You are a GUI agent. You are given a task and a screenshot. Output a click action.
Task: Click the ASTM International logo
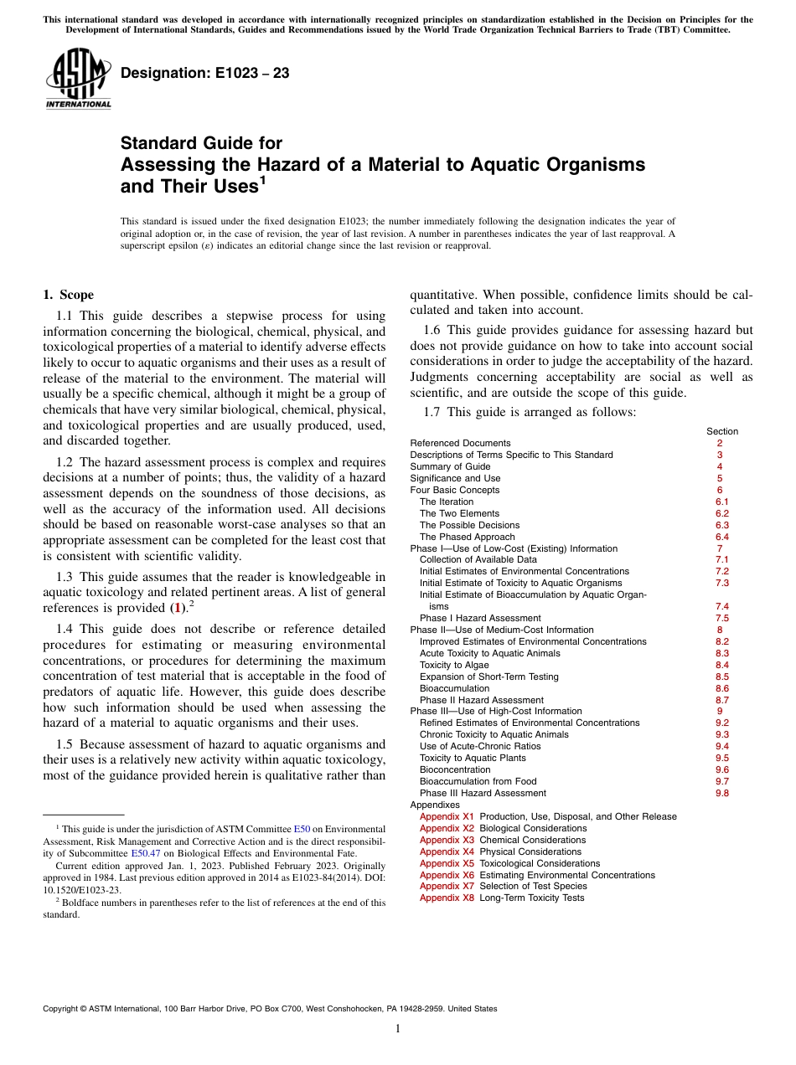click(x=78, y=80)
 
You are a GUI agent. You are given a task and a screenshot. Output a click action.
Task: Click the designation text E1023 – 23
click(x=205, y=74)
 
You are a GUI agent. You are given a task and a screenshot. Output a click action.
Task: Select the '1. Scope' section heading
click(x=68, y=295)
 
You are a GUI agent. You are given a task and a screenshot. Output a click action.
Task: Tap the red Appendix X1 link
click(x=447, y=816)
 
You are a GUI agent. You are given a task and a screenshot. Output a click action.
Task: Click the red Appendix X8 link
click(x=447, y=898)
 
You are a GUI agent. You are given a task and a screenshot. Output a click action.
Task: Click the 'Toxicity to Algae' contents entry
click(x=454, y=665)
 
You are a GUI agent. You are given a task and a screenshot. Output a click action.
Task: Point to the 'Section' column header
click(x=721, y=431)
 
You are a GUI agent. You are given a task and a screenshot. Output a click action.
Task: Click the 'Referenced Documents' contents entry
click(x=460, y=443)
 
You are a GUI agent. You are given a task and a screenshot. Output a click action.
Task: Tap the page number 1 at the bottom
click(x=398, y=1029)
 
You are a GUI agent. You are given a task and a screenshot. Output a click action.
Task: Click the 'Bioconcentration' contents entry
click(x=455, y=769)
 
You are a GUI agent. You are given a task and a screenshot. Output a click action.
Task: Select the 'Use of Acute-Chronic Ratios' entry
click(x=475, y=746)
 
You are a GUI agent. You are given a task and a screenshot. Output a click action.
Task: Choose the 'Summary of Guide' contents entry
click(x=450, y=466)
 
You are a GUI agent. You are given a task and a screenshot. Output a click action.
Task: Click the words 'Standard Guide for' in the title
click(x=201, y=143)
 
